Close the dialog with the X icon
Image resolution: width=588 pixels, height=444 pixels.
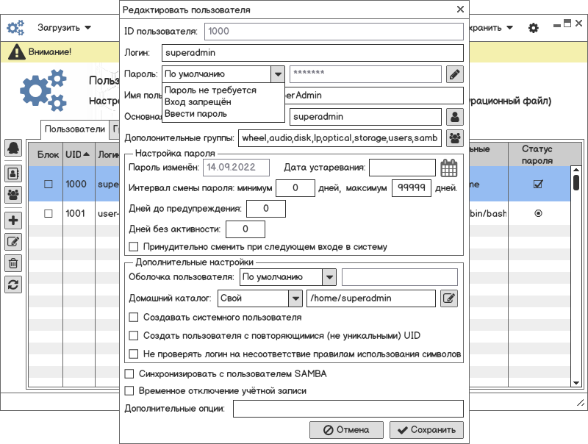460,10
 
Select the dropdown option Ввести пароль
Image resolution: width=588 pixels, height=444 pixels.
196,114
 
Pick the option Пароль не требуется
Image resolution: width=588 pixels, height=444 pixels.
210,90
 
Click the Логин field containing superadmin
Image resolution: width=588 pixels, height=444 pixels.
312,53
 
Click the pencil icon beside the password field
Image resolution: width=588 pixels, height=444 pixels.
455,74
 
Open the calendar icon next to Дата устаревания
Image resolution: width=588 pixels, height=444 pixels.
448,168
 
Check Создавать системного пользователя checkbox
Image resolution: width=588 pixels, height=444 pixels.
134,318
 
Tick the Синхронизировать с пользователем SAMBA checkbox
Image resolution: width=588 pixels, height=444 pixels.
130,374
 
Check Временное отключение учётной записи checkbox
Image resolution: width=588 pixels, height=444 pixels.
130,391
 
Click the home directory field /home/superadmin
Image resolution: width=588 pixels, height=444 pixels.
371,298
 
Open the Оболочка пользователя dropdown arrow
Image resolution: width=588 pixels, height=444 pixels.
329,277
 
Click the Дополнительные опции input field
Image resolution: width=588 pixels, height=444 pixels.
347,409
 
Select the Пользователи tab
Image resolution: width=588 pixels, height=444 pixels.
74,129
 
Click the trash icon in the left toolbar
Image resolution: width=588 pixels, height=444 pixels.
13,262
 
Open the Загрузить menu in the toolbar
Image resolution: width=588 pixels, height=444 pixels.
65,28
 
